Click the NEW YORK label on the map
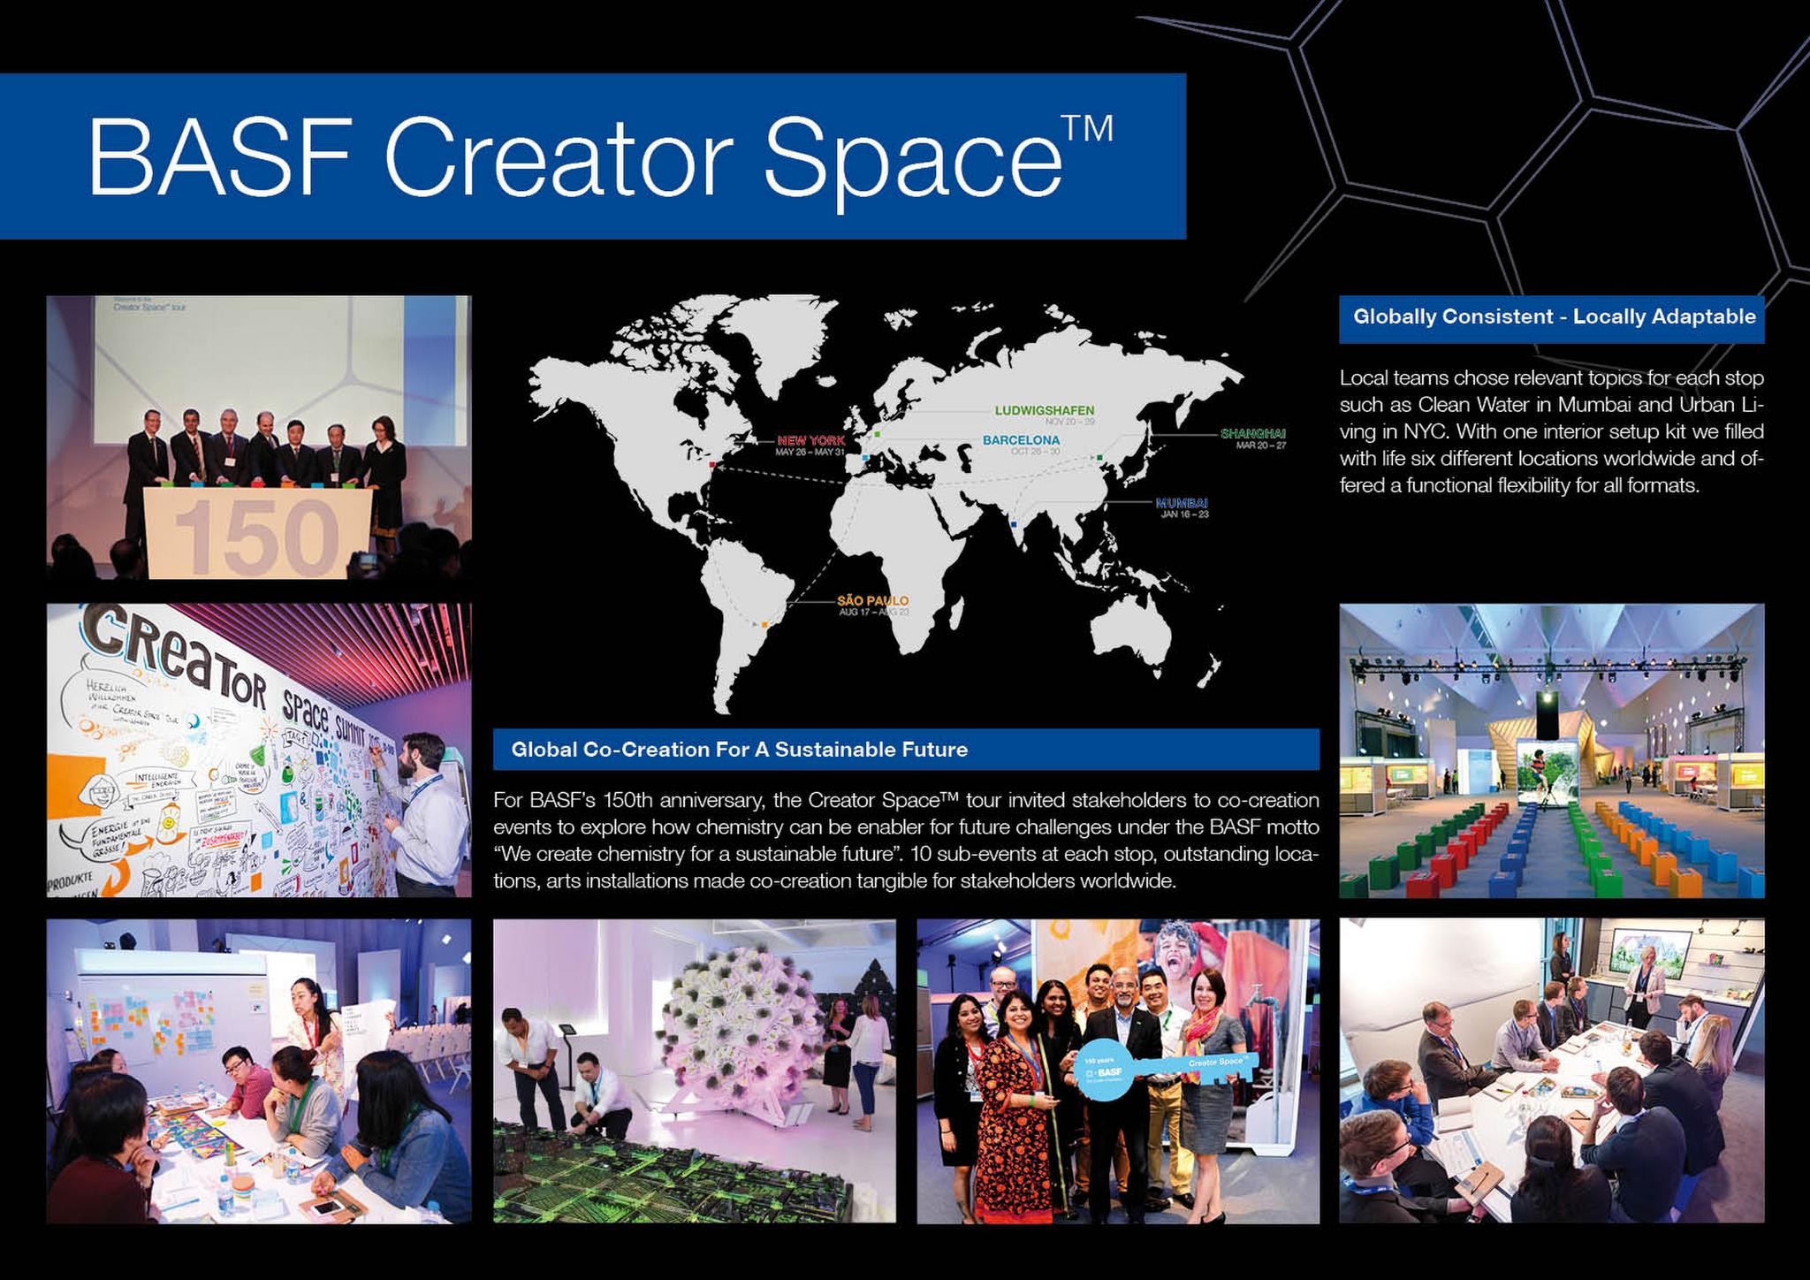pyautogui.click(x=810, y=440)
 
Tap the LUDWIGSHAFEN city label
pyautogui.click(x=1044, y=410)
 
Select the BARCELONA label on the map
pyautogui.click(x=1021, y=439)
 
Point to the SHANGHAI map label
pyautogui.click(x=1252, y=433)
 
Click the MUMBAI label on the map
pyautogui.click(x=1182, y=503)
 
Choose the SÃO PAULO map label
pyautogui.click(x=872, y=601)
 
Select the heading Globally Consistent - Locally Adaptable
pyautogui.click(x=1554, y=316)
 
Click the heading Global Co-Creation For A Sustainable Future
pyautogui.click(x=739, y=750)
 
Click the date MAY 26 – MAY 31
pyautogui.click(x=810, y=453)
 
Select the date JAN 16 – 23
pyautogui.click(x=1183, y=514)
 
